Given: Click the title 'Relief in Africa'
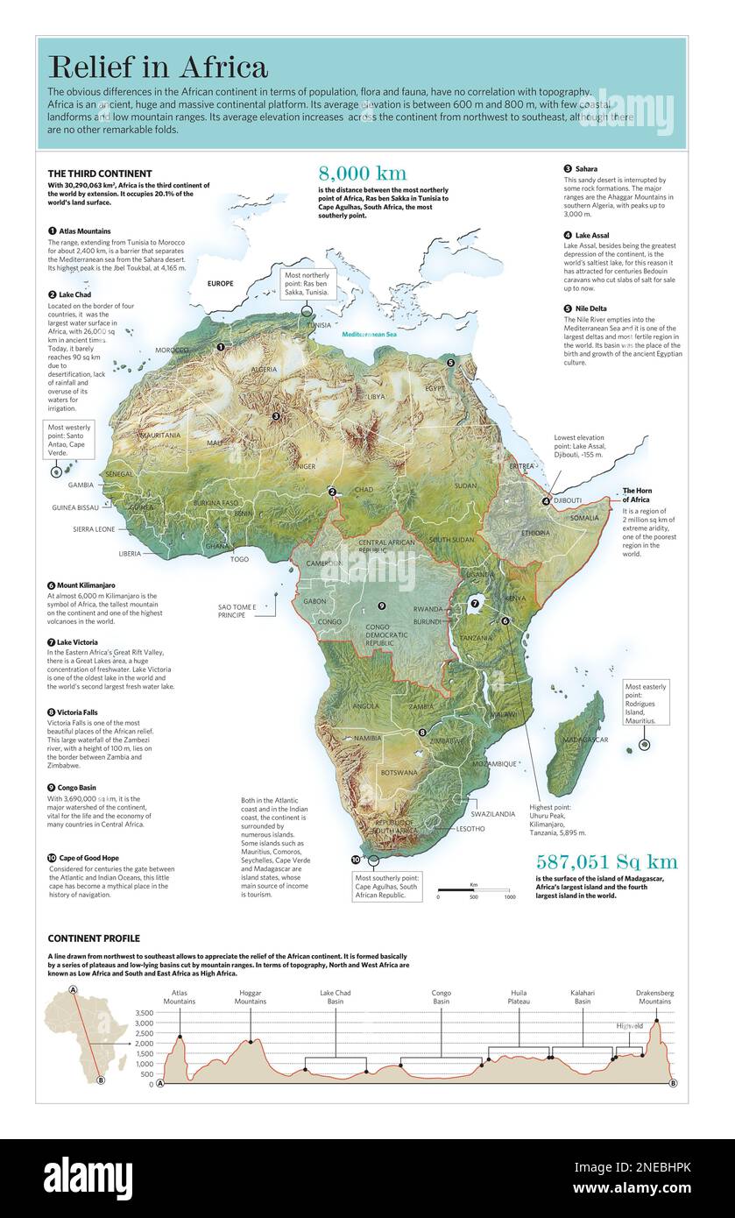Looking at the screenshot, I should [158, 67].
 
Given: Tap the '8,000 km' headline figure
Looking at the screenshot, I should [362, 173].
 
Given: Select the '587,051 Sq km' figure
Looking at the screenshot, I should [606, 860].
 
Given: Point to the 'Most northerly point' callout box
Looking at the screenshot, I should [307, 285].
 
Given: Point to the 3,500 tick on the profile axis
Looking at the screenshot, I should [144, 1013].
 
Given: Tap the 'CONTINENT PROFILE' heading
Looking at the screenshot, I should [94, 938].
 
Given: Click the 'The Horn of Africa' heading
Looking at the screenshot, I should [637, 495].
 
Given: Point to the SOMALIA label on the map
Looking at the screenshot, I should [584, 519].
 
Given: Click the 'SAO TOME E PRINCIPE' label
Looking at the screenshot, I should [238, 611].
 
